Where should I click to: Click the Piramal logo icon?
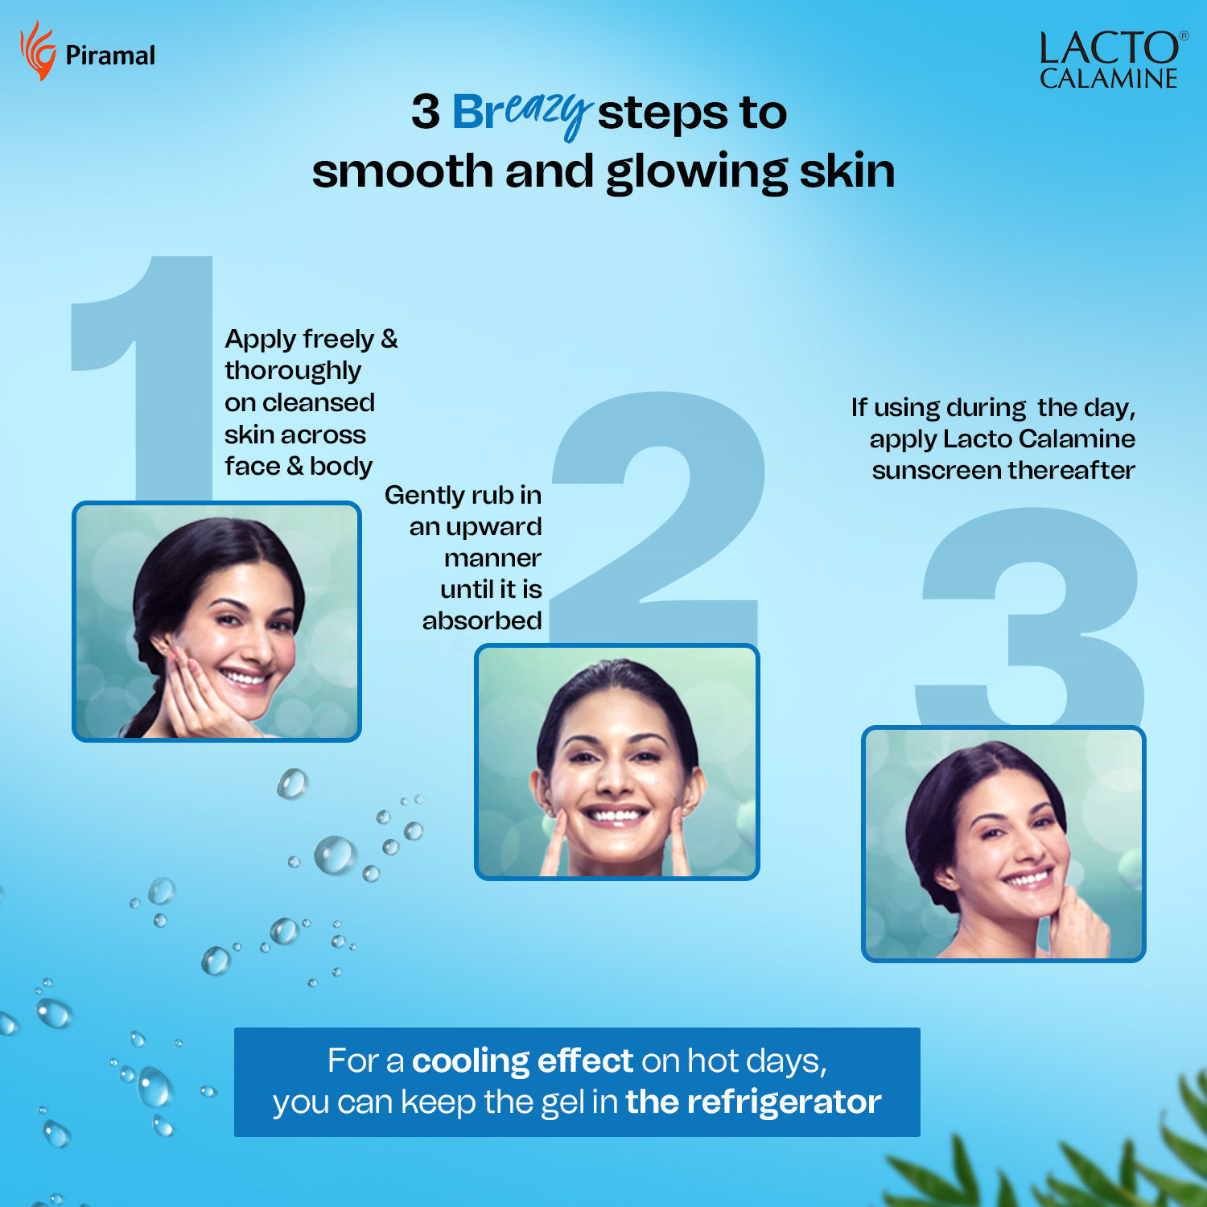(x=38, y=51)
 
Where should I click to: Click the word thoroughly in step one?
(x=293, y=371)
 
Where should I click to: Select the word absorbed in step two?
(x=482, y=620)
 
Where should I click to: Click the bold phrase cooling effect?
(x=523, y=1061)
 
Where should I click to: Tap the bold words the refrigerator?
(x=753, y=1102)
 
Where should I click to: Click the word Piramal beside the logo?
(x=110, y=56)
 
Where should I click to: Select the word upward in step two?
(x=494, y=528)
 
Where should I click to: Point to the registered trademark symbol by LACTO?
(x=1184, y=35)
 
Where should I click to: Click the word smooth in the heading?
(x=402, y=171)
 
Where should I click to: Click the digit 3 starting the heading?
(x=426, y=112)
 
